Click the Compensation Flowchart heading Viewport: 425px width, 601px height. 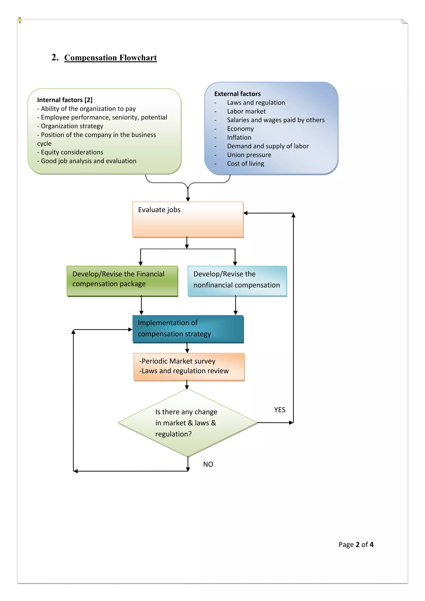point(110,57)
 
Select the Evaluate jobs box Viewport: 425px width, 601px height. point(188,219)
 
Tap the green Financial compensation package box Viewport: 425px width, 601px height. point(122,281)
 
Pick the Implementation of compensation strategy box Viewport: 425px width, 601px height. point(188,329)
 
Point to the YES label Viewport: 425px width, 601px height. point(280,410)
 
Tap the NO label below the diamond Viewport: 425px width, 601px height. point(208,464)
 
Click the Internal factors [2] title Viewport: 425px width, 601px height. point(65,100)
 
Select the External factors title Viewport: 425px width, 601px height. point(237,94)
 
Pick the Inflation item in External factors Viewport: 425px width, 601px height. point(239,137)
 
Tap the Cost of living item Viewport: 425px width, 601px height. point(245,164)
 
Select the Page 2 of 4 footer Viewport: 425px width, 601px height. point(356,545)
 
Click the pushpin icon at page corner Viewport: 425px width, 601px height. point(20,20)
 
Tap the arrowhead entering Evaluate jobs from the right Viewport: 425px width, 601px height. point(245,213)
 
